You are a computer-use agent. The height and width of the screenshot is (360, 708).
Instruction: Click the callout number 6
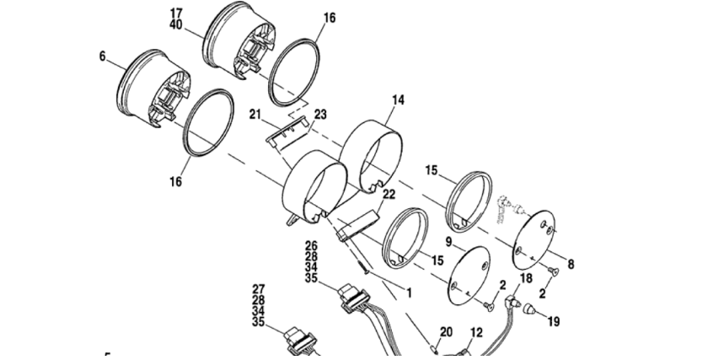pyautogui.click(x=103, y=56)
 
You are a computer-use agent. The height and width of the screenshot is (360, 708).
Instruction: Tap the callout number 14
pyautogui.click(x=398, y=99)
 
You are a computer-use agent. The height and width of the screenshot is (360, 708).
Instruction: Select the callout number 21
pyautogui.click(x=255, y=115)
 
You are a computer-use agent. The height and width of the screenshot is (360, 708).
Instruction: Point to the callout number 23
pyautogui.click(x=320, y=115)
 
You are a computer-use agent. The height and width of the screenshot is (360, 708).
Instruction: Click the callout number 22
pyautogui.click(x=389, y=194)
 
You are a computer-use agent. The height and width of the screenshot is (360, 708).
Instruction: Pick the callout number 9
pyautogui.click(x=448, y=242)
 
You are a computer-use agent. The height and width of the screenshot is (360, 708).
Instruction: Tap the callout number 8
pyautogui.click(x=571, y=264)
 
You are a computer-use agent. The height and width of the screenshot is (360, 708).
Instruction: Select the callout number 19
pyautogui.click(x=554, y=321)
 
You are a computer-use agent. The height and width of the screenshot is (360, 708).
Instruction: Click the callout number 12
pyautogui.click(x=476, y=333)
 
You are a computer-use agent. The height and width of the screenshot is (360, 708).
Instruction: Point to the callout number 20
pyautogui.click(x=446, y=332)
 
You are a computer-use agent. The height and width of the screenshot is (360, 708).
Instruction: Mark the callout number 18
pyautogui.click(x=526, y=277)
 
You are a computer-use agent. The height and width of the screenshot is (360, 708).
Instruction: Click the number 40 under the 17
pyautogui.click(x=176, y=24)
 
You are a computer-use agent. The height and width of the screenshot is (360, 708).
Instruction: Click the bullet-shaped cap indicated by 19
pyautogui.click(x=528, y=310)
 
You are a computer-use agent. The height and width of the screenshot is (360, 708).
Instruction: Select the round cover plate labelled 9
pyautogui.click(x=469, y=275)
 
